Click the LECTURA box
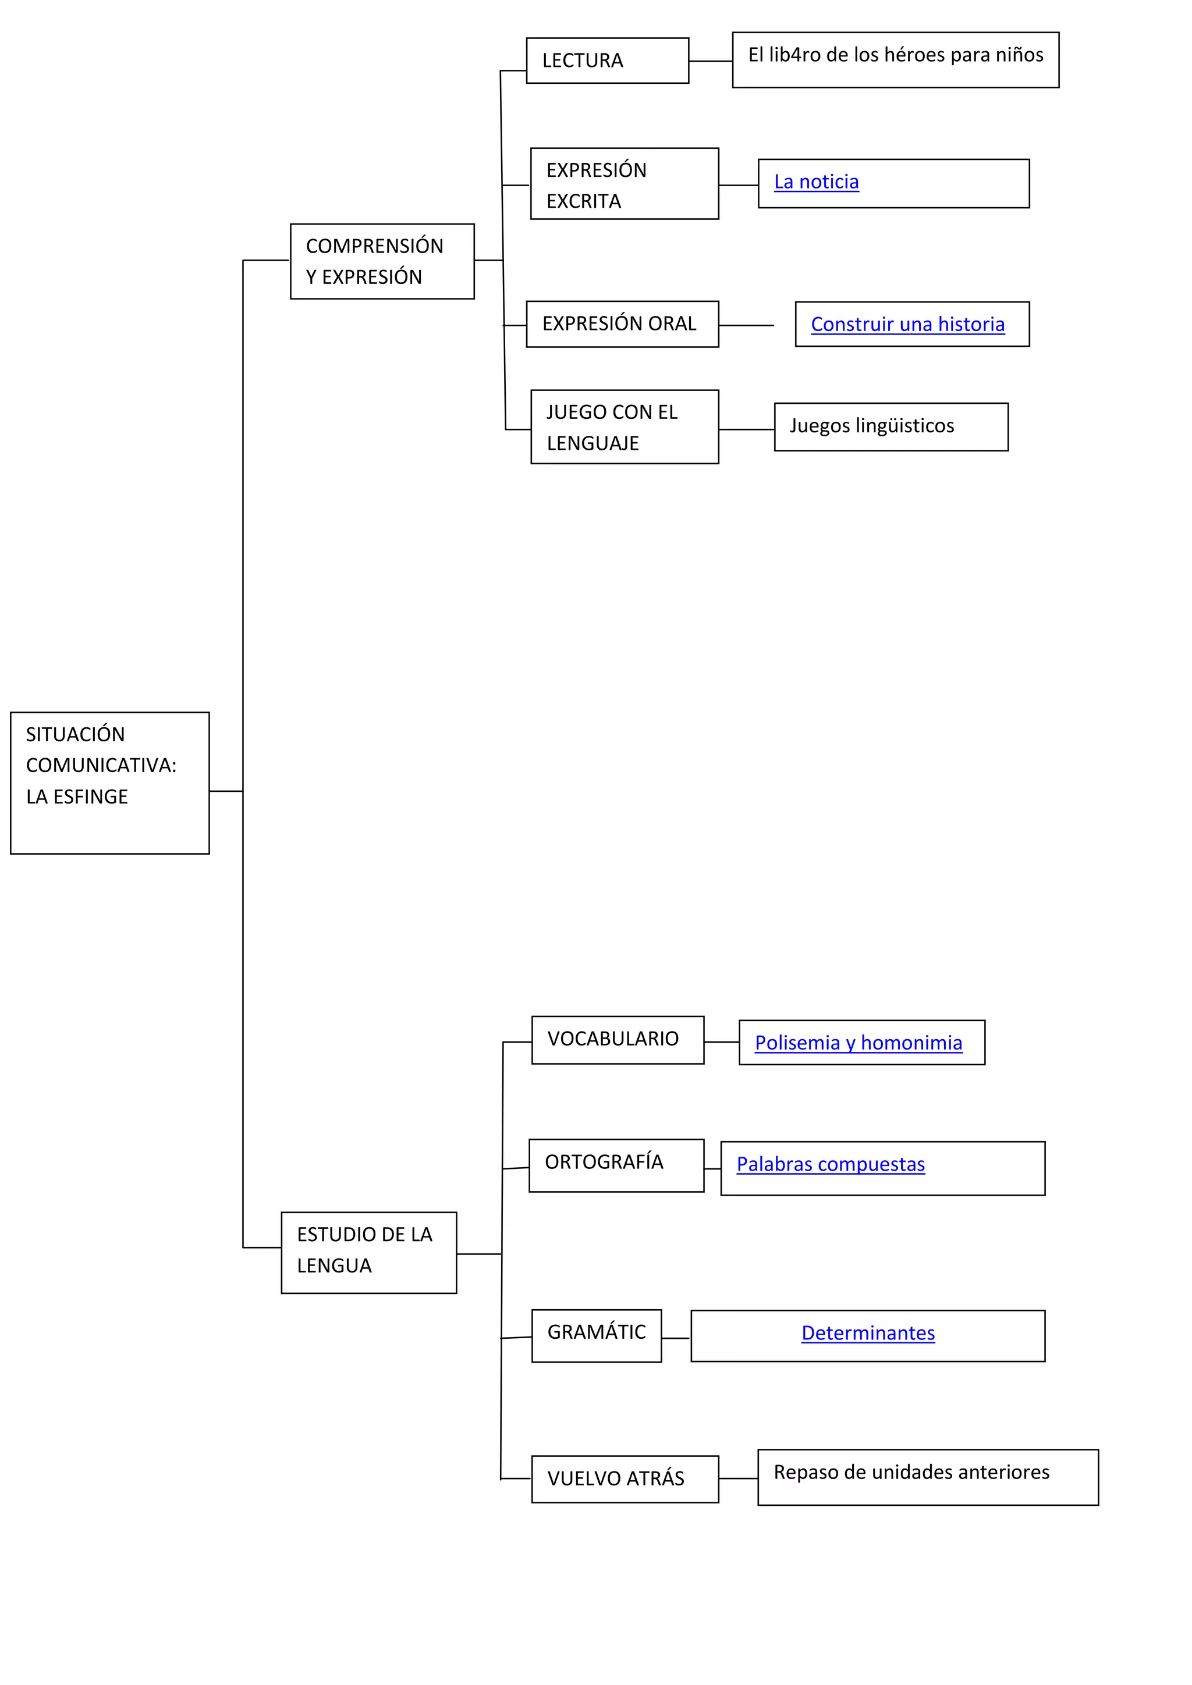(x=607, y=61)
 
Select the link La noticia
(x=815, y=182)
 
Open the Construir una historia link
(x=907, y=325)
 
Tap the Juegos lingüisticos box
(x=891, y=426)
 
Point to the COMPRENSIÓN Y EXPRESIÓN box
(x=382, y=261)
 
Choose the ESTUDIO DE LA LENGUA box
(x=368, y=1253)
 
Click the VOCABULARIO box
(x=618, y=1040)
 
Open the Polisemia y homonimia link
(x=858, y=1043)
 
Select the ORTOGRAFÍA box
(x=616, y=1165)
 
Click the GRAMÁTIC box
(x=596, y=1336)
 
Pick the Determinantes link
(x=868, y=1334)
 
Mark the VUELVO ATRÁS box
(x=625, y=1479)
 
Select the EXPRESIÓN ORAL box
(x=622, y=325)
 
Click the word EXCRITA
(x=584, y=202)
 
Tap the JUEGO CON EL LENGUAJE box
(x=624, y=427)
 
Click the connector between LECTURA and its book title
(x=711, y=61)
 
